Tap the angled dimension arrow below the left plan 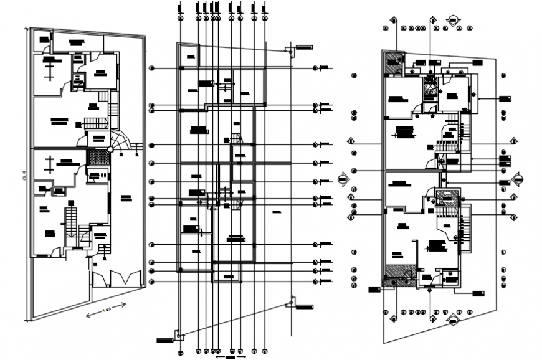coord(106,308)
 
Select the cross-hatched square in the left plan coord(97,158)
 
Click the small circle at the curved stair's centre coord(110,149)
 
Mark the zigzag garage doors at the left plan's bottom coord(118,278)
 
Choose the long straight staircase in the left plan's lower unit coord(70,221)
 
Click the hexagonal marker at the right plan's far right coord(516,179)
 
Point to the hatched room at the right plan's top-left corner coord(393,64)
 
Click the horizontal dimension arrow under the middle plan coord(226,358)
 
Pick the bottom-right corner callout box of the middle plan coord(303,306)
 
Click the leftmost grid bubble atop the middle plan coord(179,7)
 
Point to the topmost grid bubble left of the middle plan coord(153,68)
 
